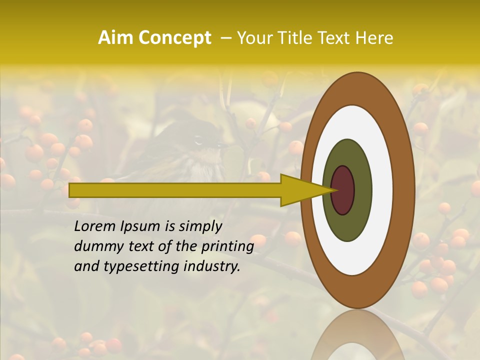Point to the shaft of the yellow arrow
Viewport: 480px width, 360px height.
(x=175, y=190)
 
